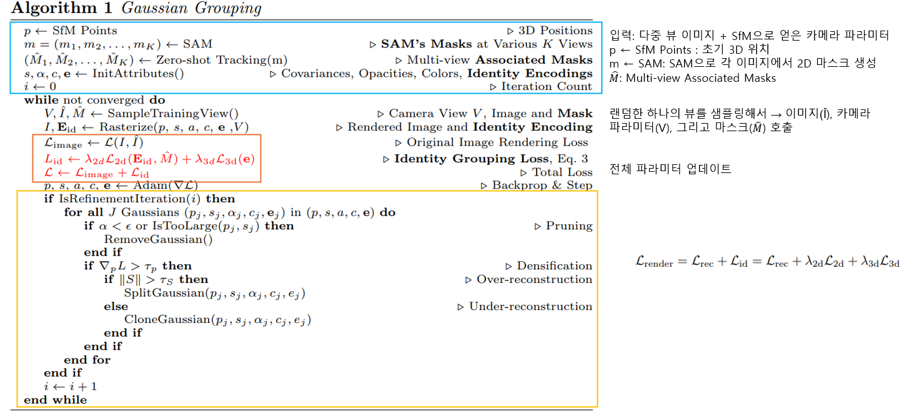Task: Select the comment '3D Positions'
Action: click(553, 31)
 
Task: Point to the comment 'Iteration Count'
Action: click(547, 87)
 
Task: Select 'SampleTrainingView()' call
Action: click(172, 114)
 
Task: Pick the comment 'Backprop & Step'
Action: click(542, 186)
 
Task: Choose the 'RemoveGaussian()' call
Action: click(158, 239)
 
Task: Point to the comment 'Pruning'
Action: click(568, 226)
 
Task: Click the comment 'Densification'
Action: click(554, 266)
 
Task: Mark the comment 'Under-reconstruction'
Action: click(530, 307)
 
